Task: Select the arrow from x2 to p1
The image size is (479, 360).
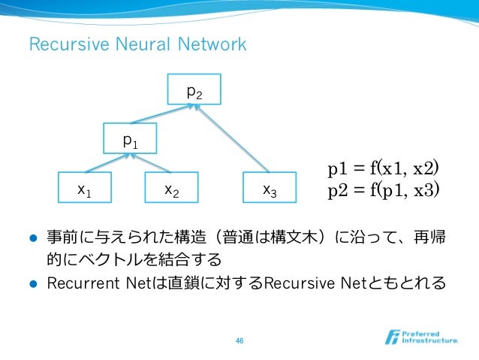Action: click(152, 165)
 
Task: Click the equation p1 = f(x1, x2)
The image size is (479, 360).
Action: click(383, 167)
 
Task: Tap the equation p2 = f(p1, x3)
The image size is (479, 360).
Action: click(383, 189)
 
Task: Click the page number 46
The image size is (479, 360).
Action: click(239, 340)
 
